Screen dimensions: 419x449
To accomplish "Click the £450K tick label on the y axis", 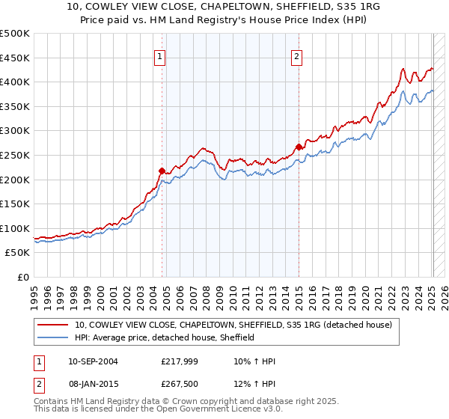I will [15, 58].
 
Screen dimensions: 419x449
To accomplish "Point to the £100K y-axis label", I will [15, 228].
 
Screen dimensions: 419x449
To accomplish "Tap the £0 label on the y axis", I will [22, 277].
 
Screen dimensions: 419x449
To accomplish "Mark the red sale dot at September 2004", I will [162, 171].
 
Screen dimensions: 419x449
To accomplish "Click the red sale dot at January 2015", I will [299, 147].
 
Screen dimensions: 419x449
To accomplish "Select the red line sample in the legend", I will [54, 325].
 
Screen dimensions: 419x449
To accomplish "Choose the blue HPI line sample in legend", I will [54, 338].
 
